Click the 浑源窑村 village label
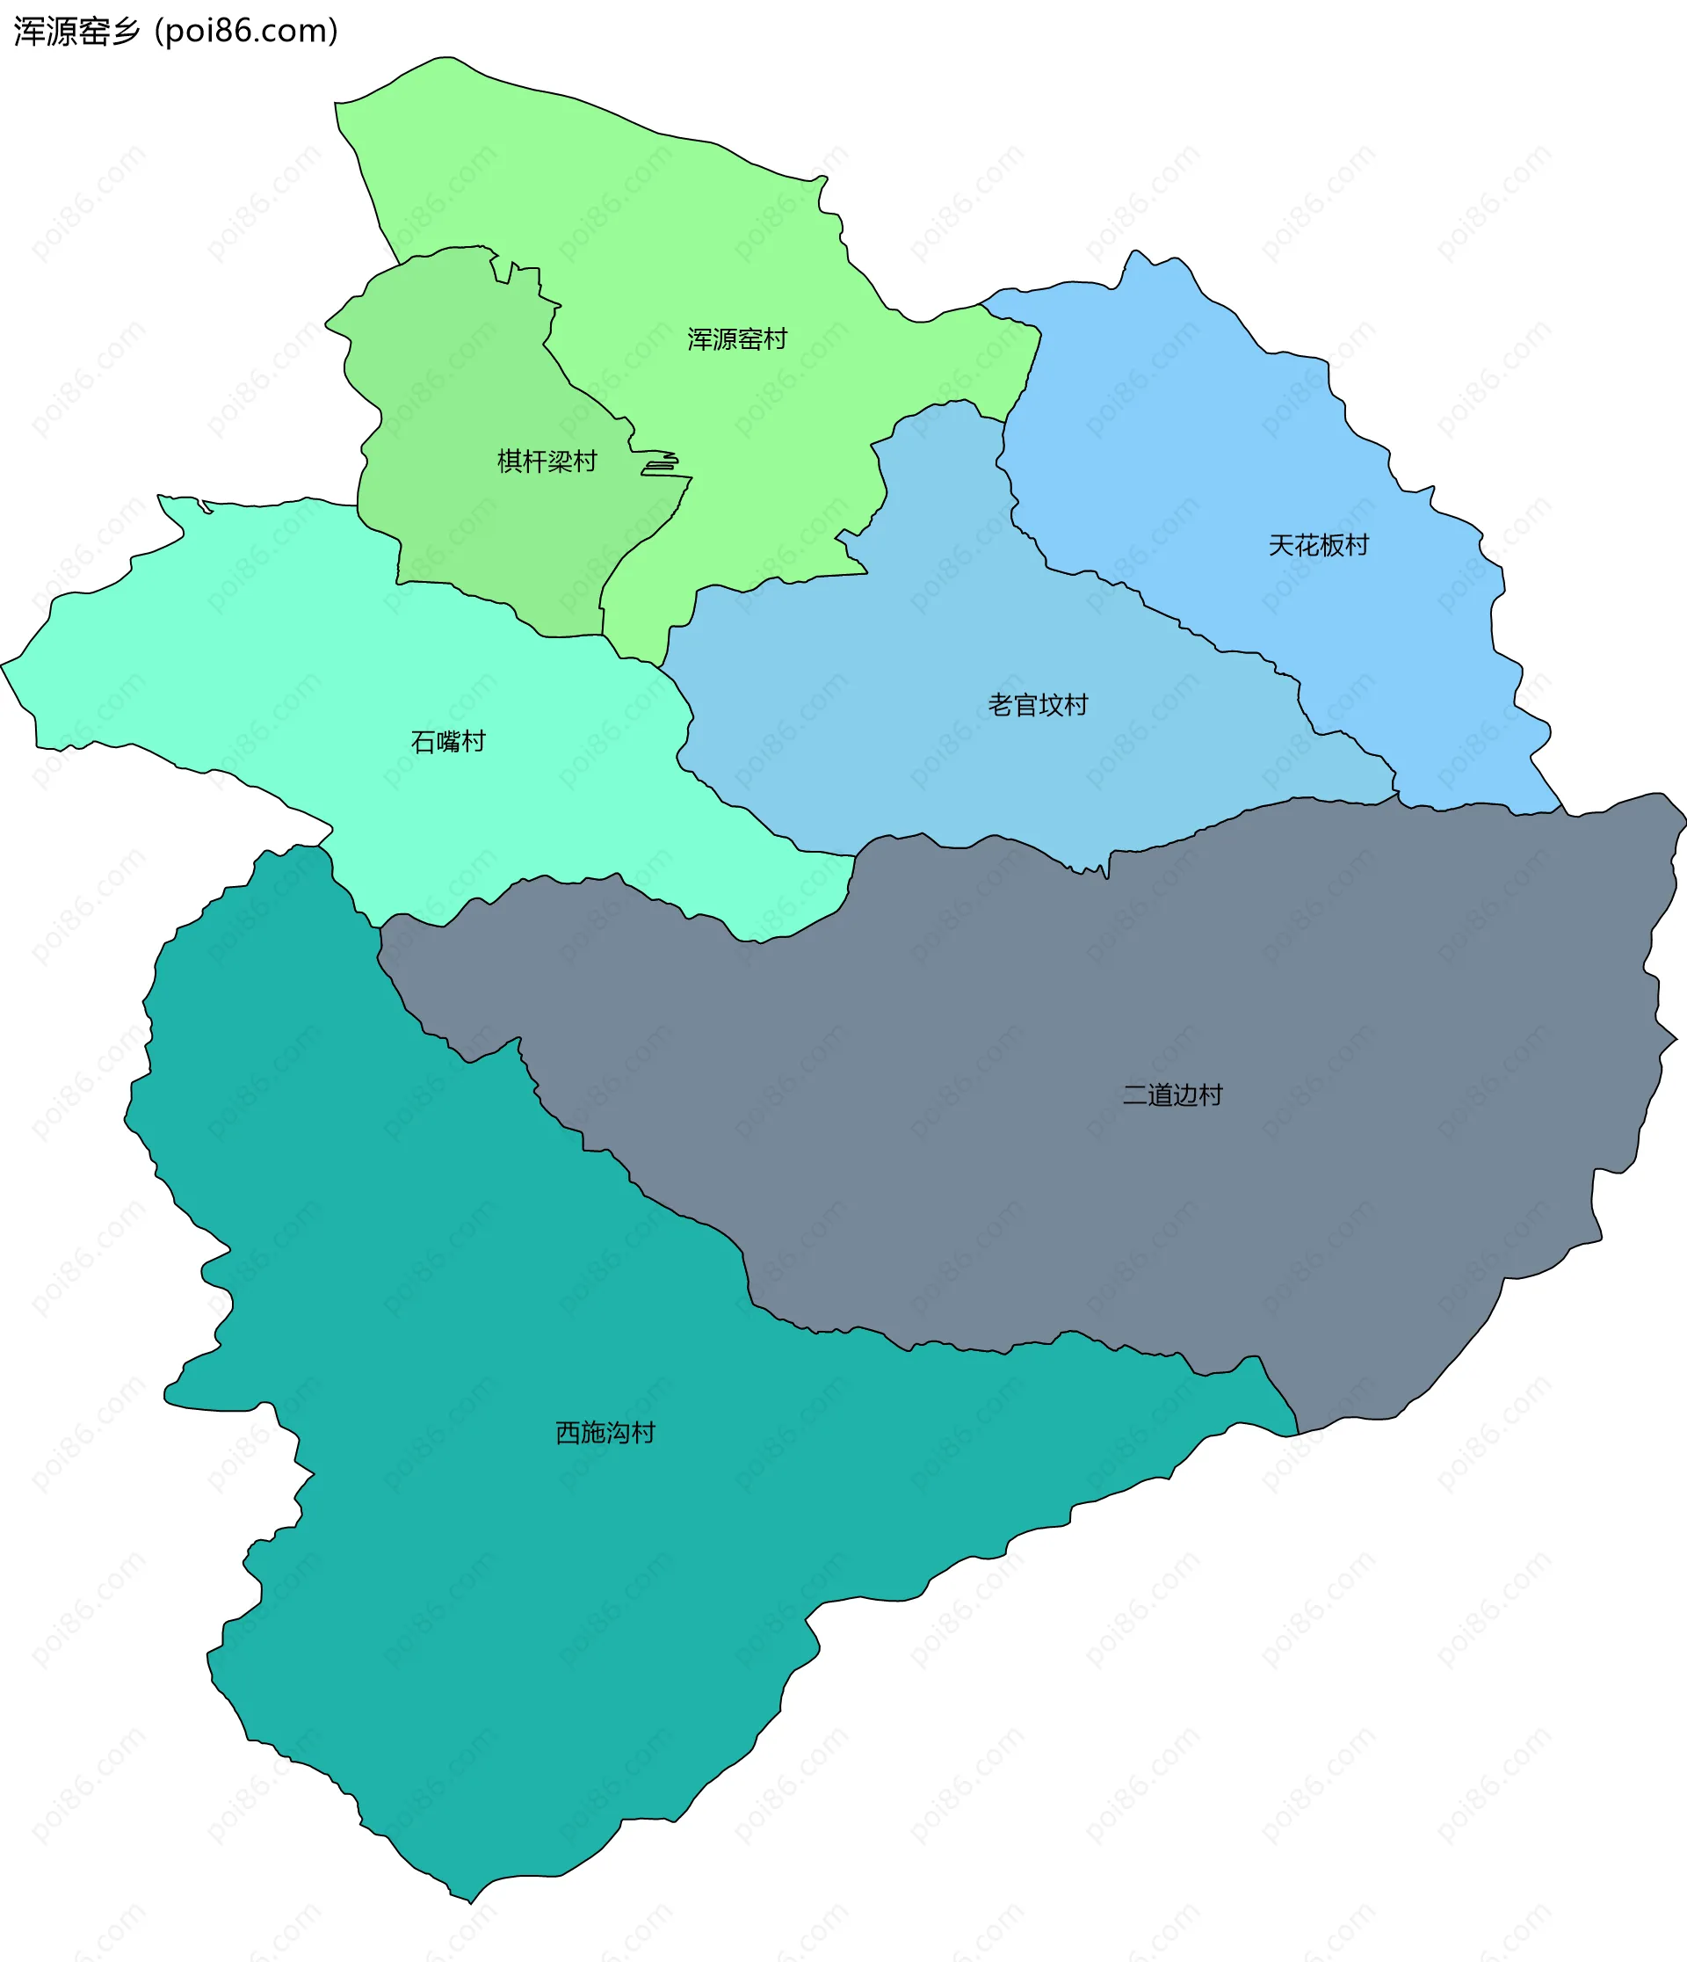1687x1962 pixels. [736, 339]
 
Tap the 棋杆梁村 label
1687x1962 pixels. [547, 461]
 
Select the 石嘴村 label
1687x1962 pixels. [448, 741]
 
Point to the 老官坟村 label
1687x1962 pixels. [1038, 704]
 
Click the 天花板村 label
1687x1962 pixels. [1318, 545]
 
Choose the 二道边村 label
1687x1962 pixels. [1172, 1094]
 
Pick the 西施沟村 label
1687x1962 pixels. [605, 1433]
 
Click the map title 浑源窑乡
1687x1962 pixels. [76, 32]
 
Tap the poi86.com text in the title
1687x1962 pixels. [246, 32]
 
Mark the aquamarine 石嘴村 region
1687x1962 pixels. [284, 663]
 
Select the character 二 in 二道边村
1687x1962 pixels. [1135, 1094]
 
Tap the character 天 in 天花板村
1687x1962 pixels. [1281, 545]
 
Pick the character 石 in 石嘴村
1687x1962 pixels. [423, 741]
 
